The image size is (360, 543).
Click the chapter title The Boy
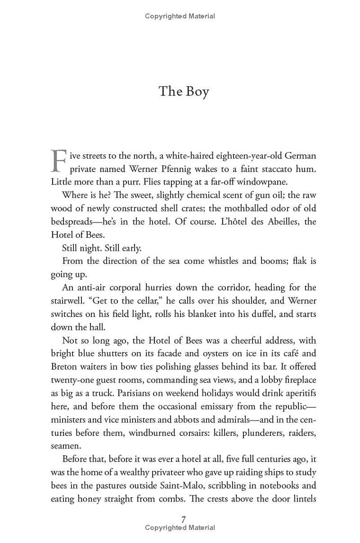[x=184, y=91]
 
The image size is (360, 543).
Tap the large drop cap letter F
[x=58, y=161]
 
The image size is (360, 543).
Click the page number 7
[x=184, y=520]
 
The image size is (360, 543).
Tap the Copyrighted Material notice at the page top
[x=180, y=16]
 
